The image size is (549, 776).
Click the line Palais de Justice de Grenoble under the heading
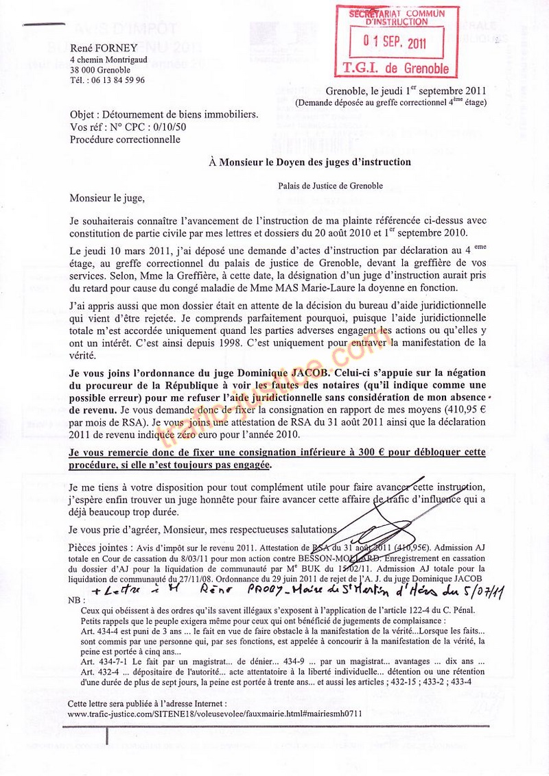[331, 184]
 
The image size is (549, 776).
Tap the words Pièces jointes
[99, 548]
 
